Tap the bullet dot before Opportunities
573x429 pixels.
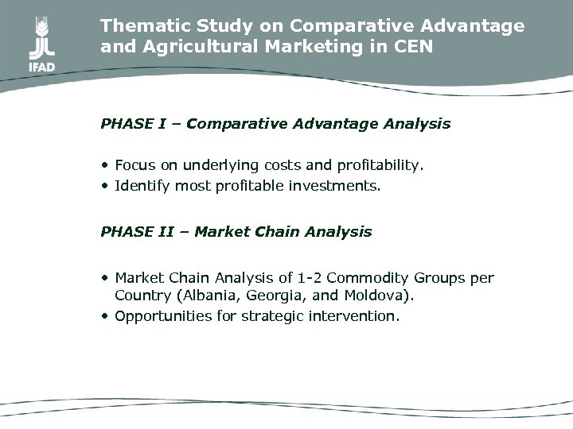tap(105, 315)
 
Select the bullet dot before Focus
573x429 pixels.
tap(105, 166)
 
